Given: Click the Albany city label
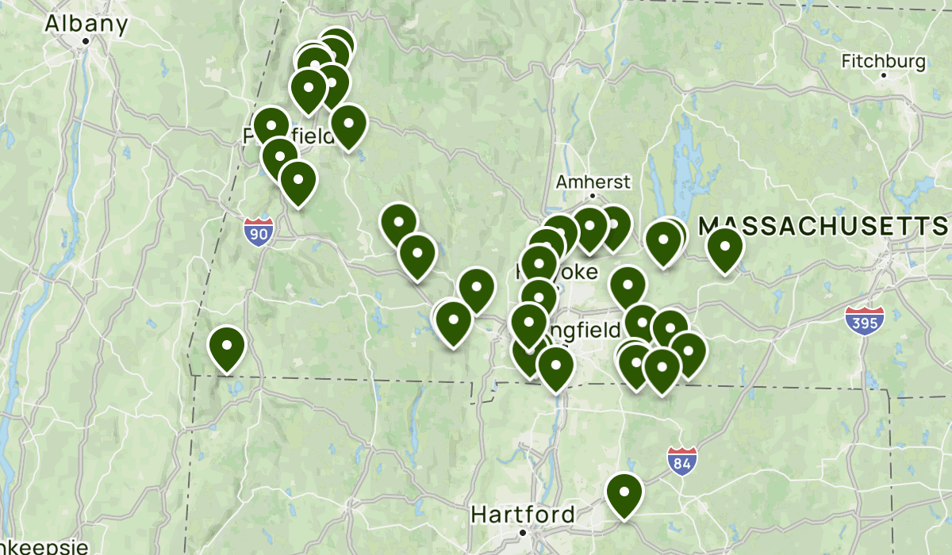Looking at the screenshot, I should click(x=86, y=24).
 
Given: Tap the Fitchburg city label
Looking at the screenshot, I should click(x=883, y=61).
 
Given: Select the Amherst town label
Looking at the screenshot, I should click(x=593, y=182).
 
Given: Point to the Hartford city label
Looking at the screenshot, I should click(x=523, y=514).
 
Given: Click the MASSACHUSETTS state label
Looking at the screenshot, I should click(x=823, y=226).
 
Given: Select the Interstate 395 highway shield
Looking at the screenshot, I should click(x=865, y=320).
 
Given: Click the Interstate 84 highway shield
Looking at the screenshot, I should click(x=681, y=460).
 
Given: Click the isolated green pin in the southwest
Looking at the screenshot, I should click(x=226, y=346).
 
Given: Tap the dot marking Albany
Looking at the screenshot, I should click(x=86, y=40).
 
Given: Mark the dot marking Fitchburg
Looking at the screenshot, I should click(x=883, y=76).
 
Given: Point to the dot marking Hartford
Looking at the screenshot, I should click(x=523, y=531).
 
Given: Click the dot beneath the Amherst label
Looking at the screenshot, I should click(x=593, y=196).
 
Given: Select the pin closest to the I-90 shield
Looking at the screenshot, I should click(x=298, y=180).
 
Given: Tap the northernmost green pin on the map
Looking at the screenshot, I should click(x=336, y=46).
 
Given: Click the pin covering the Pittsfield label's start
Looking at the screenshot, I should click(x=271, y=125).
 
